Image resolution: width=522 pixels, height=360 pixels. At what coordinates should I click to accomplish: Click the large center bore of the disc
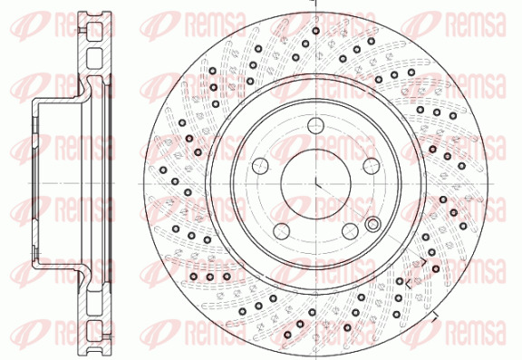click(315, 184)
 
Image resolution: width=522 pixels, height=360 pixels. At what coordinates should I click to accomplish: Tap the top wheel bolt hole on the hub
click(315, 125)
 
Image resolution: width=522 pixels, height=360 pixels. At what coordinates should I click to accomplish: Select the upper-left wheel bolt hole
click(260, 166)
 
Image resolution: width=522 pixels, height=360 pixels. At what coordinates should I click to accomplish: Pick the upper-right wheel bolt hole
click(372, 166)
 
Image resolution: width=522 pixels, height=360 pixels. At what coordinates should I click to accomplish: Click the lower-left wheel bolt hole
click(282, 231)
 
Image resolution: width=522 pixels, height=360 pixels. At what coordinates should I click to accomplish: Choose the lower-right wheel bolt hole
click(350, 231)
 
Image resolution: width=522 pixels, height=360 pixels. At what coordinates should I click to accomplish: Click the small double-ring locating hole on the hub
click(372, 224)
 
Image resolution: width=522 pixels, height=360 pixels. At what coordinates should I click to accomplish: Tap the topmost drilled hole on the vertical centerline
click(316, 31)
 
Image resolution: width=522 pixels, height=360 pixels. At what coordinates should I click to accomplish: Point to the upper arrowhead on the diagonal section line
click(423, 261)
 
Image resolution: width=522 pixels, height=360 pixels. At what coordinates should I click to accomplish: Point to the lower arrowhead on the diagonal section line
click(409, 284)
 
